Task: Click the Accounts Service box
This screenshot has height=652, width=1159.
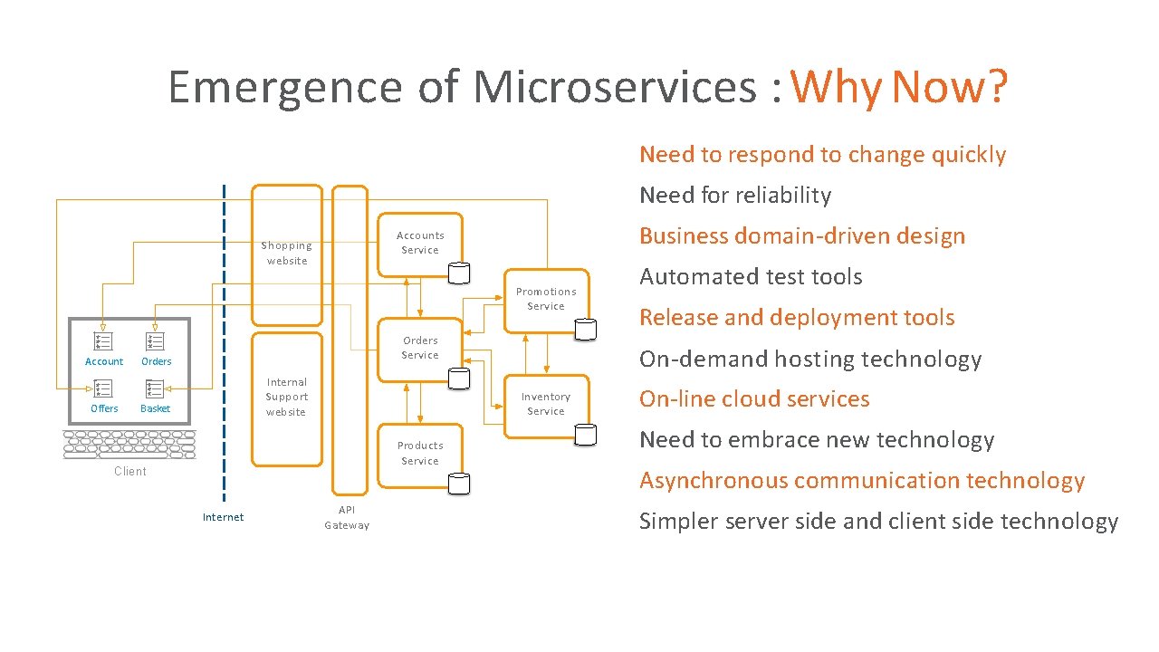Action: pyautogui.click(x=420, y=244)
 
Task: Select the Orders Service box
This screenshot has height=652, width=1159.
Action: pyautogui.click(x=420, y=349)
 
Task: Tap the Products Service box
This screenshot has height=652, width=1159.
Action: pyautogui.click(x=420, y=454)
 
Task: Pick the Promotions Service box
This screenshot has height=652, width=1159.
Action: pyautogui.click(x=546, y=300)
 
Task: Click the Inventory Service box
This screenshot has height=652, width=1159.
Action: pyautogui.click(x=546, y=405)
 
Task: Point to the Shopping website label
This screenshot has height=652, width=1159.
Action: pyautogui.click(x=286, y=254)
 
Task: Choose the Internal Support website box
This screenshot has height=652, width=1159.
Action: pyautogui.click(x=286, y=398)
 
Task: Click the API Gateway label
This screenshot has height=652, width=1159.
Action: pyautogui.click(x=347, y=518)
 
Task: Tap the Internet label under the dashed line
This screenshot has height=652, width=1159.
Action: pyautogui.click(x=223, y=517)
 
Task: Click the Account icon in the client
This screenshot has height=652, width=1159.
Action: pyautogui.click(x=103, y=341)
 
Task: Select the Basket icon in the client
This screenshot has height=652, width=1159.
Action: pyautogui.click(x=155, y=389)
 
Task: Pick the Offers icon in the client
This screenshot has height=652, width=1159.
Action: pyautogui.click(x=103, y=389)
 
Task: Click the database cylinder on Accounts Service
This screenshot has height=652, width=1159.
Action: pyautogui.click(x=460, y=273)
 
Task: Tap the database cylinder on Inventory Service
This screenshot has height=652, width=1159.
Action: pyautogui.click(x=586, y=436)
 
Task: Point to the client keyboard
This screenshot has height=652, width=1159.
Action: pyautogui.click(x=129, y=445)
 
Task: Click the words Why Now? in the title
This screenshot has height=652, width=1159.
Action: pyautogui.click(x=899, y=88)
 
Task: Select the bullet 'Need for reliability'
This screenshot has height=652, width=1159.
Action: pyautogui.click(x=735, y=196)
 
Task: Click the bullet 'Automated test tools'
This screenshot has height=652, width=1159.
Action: pyautogui.click(x=751, y=277)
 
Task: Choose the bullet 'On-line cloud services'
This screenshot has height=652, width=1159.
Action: pyautogui.click(x=754, y=399)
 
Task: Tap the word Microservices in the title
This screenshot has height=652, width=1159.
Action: pyautogui.click(x=614, y=88)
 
